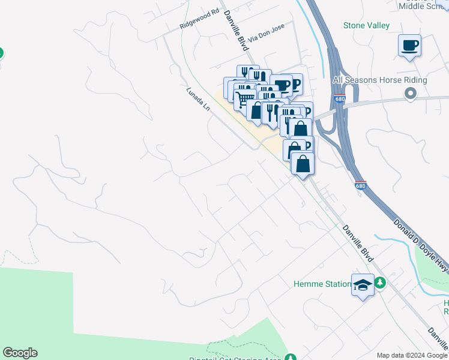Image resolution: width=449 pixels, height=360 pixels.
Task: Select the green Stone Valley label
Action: coord(366,25)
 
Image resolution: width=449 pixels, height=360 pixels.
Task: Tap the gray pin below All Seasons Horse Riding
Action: coord(411,93)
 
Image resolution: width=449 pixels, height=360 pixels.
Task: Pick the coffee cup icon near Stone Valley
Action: coord(409,46)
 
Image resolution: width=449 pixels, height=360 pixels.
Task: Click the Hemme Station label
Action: coord(322,284)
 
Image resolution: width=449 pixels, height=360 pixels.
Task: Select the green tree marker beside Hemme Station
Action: coord(379,281)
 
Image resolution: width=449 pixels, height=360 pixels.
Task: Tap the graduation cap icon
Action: coord(363,285)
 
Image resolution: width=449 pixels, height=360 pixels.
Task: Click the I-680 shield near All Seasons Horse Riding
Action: coord(340,98)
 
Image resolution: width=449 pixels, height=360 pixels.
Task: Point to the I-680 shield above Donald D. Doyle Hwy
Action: coord(360,185)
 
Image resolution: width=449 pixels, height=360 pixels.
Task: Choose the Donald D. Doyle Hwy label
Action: coord(420,241)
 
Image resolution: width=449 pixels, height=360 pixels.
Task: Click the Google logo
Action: coord(20,353)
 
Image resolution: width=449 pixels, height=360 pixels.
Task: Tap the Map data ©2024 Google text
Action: coord(412,355)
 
